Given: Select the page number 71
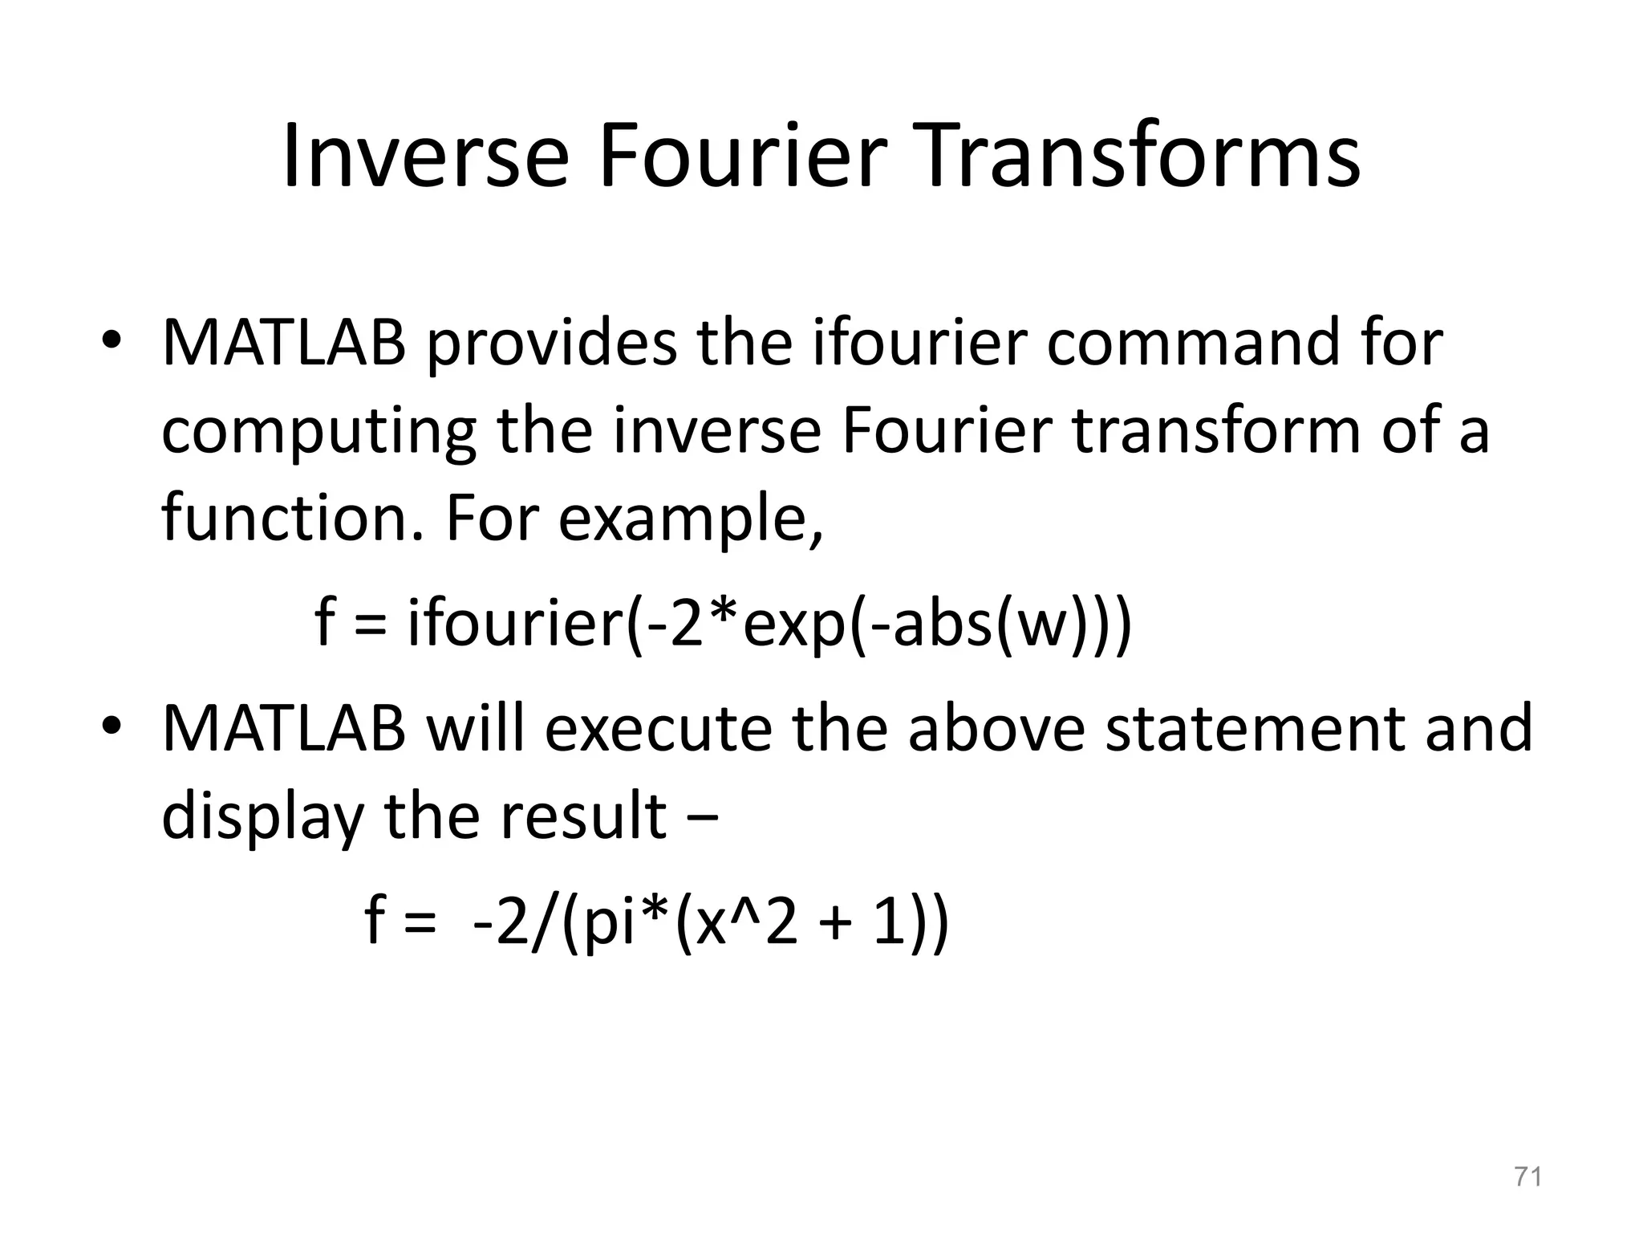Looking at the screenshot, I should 1527,1177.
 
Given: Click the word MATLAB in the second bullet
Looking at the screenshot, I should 284,729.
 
